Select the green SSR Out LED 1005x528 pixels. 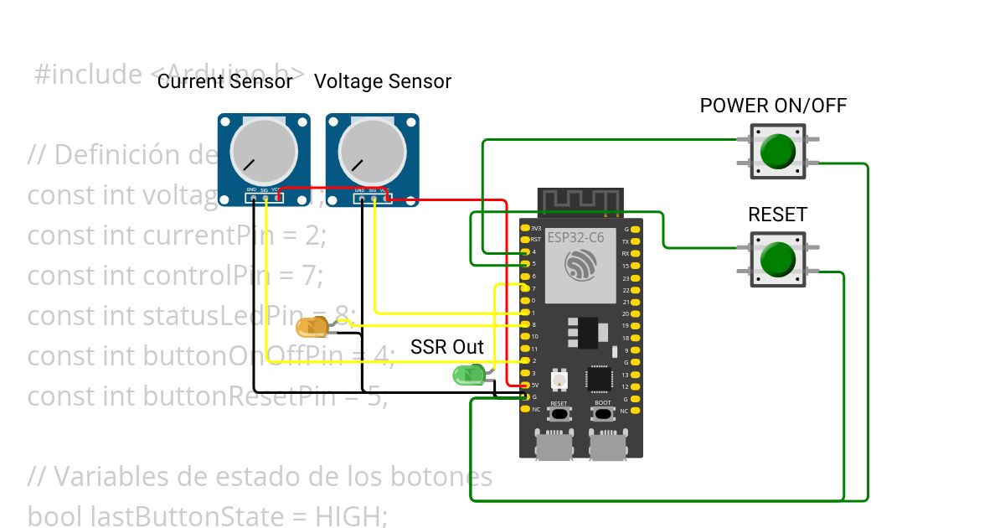pos(466,375)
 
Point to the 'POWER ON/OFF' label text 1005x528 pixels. pos(773,106)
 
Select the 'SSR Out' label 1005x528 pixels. pos(447,347)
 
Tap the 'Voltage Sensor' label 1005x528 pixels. pos(383,81)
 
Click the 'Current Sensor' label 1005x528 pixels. pos(225,81)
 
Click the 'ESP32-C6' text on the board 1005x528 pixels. pos(575,237)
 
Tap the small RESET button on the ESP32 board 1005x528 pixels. pos(559,414)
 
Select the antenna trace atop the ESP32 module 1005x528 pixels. pos(580,200)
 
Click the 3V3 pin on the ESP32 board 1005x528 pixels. pos(524,228)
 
